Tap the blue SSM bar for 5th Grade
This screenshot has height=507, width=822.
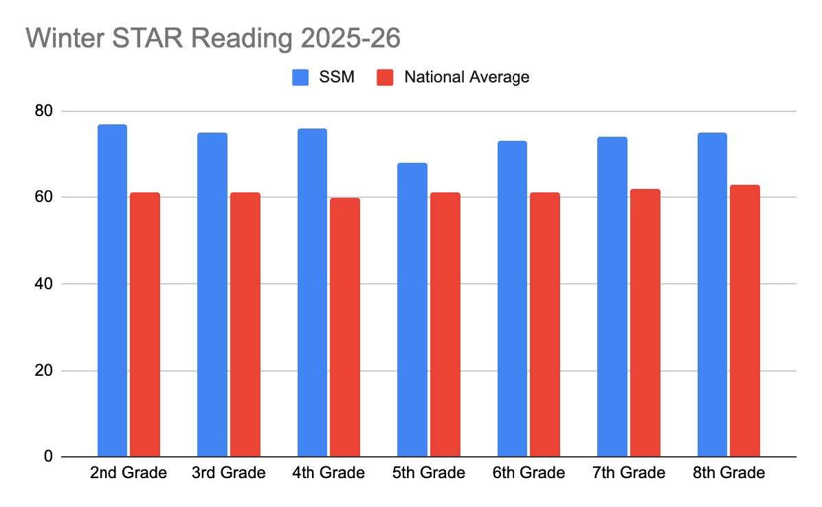point(412,310)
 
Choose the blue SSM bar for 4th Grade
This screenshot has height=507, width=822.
point(312,293)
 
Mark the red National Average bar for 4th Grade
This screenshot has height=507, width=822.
point(345,327)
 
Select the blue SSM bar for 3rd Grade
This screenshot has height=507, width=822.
point(212,295)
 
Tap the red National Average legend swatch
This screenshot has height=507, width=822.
point(386,77)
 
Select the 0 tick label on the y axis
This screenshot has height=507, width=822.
point(47,457)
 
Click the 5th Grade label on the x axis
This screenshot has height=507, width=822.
point(428,473)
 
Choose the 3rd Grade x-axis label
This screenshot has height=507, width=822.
point(228,473)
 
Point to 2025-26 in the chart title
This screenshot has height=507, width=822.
point(351,38)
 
